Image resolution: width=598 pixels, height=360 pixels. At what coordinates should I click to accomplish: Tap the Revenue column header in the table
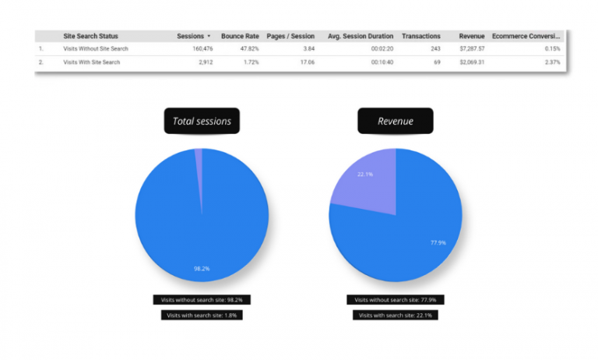[x=472, y=36]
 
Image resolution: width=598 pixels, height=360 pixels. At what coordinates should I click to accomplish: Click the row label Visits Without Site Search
[x=96, y=48]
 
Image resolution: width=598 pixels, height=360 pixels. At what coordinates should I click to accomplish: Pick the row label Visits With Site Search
[x=92, y=62]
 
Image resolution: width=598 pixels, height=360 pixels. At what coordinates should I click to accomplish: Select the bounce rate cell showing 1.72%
[x=250, y=62]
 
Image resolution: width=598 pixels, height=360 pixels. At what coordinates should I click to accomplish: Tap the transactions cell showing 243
[x=434, y=48]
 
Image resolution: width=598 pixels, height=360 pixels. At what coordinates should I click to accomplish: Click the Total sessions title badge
[x=202, y=122]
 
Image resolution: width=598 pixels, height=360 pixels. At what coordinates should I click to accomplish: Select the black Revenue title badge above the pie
[x=396, y=122]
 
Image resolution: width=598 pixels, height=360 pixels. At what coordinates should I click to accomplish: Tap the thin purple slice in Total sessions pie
[x=199, y=160]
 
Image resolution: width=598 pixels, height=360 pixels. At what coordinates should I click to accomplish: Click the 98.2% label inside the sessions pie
[x=202, y=268]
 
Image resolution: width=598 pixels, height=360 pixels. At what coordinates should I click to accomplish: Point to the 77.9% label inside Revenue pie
[x=438, y=242]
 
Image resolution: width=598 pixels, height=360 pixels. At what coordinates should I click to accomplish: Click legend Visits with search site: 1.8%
[x=202, y=315]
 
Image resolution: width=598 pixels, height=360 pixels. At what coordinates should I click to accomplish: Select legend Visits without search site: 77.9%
[x=396, y=299]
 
